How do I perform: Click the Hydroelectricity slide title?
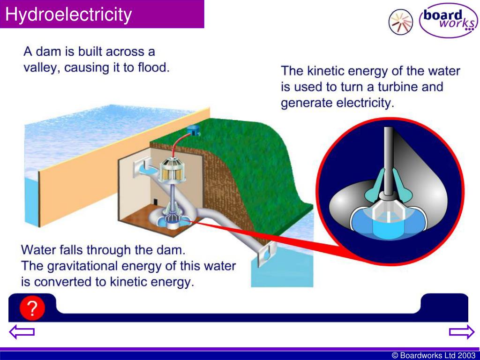[x=68, y=15]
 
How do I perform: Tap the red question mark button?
[x=32, y=308]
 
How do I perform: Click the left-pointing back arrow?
[x=22, y=332]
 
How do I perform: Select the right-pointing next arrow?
[x=462, y=332]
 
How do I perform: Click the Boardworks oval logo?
[x=448, y=20]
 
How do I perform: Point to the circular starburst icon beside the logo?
[x=400, y=22]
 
